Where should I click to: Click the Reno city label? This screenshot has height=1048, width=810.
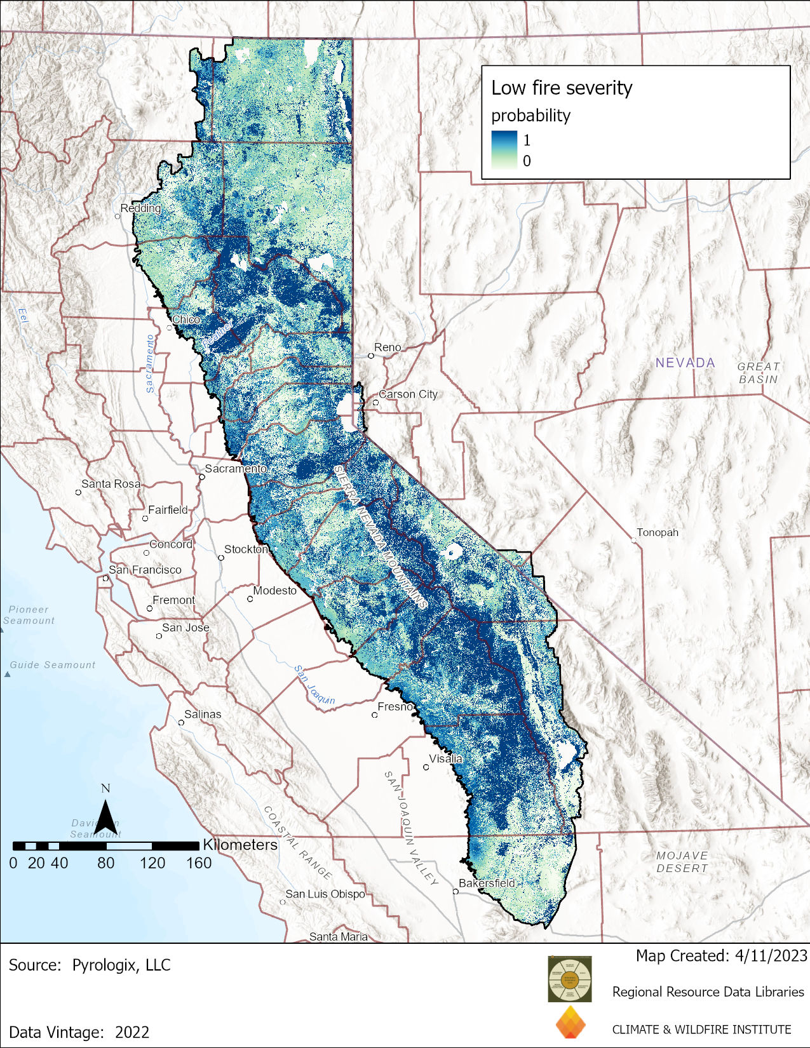[x=388, y=347]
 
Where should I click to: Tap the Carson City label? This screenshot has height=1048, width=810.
[x=408, y=394]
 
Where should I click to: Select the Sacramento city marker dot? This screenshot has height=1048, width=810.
[x=201, y=477]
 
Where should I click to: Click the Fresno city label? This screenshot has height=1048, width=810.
[x=395, y=707]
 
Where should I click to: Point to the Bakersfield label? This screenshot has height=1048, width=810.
[x=487, y=883]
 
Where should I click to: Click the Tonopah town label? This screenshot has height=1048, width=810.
[x=658, y=533]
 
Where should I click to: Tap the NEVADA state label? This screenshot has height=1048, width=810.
[x=685, y=363]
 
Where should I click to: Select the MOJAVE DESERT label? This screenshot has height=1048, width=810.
[x=682, y=862]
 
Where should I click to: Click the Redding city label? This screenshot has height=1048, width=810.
[x=140, y=208]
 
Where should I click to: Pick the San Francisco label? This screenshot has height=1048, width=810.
[x=145, y=570]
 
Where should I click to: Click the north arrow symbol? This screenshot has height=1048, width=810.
[x=106, y=816]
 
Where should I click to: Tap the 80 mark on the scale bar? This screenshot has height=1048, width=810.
[x=105, y=863]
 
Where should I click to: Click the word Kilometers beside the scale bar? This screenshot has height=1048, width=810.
[x=240, y=845]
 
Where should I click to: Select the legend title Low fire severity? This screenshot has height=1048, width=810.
[x=562, y=88]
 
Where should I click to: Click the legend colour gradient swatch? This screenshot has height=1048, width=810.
[x=504, y=149]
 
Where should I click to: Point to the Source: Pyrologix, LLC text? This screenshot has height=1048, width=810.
[x=90, y=965]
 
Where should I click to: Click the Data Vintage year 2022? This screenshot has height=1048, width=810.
[x=132, y=1032]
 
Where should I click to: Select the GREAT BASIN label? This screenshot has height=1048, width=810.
[x=758, y=373]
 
